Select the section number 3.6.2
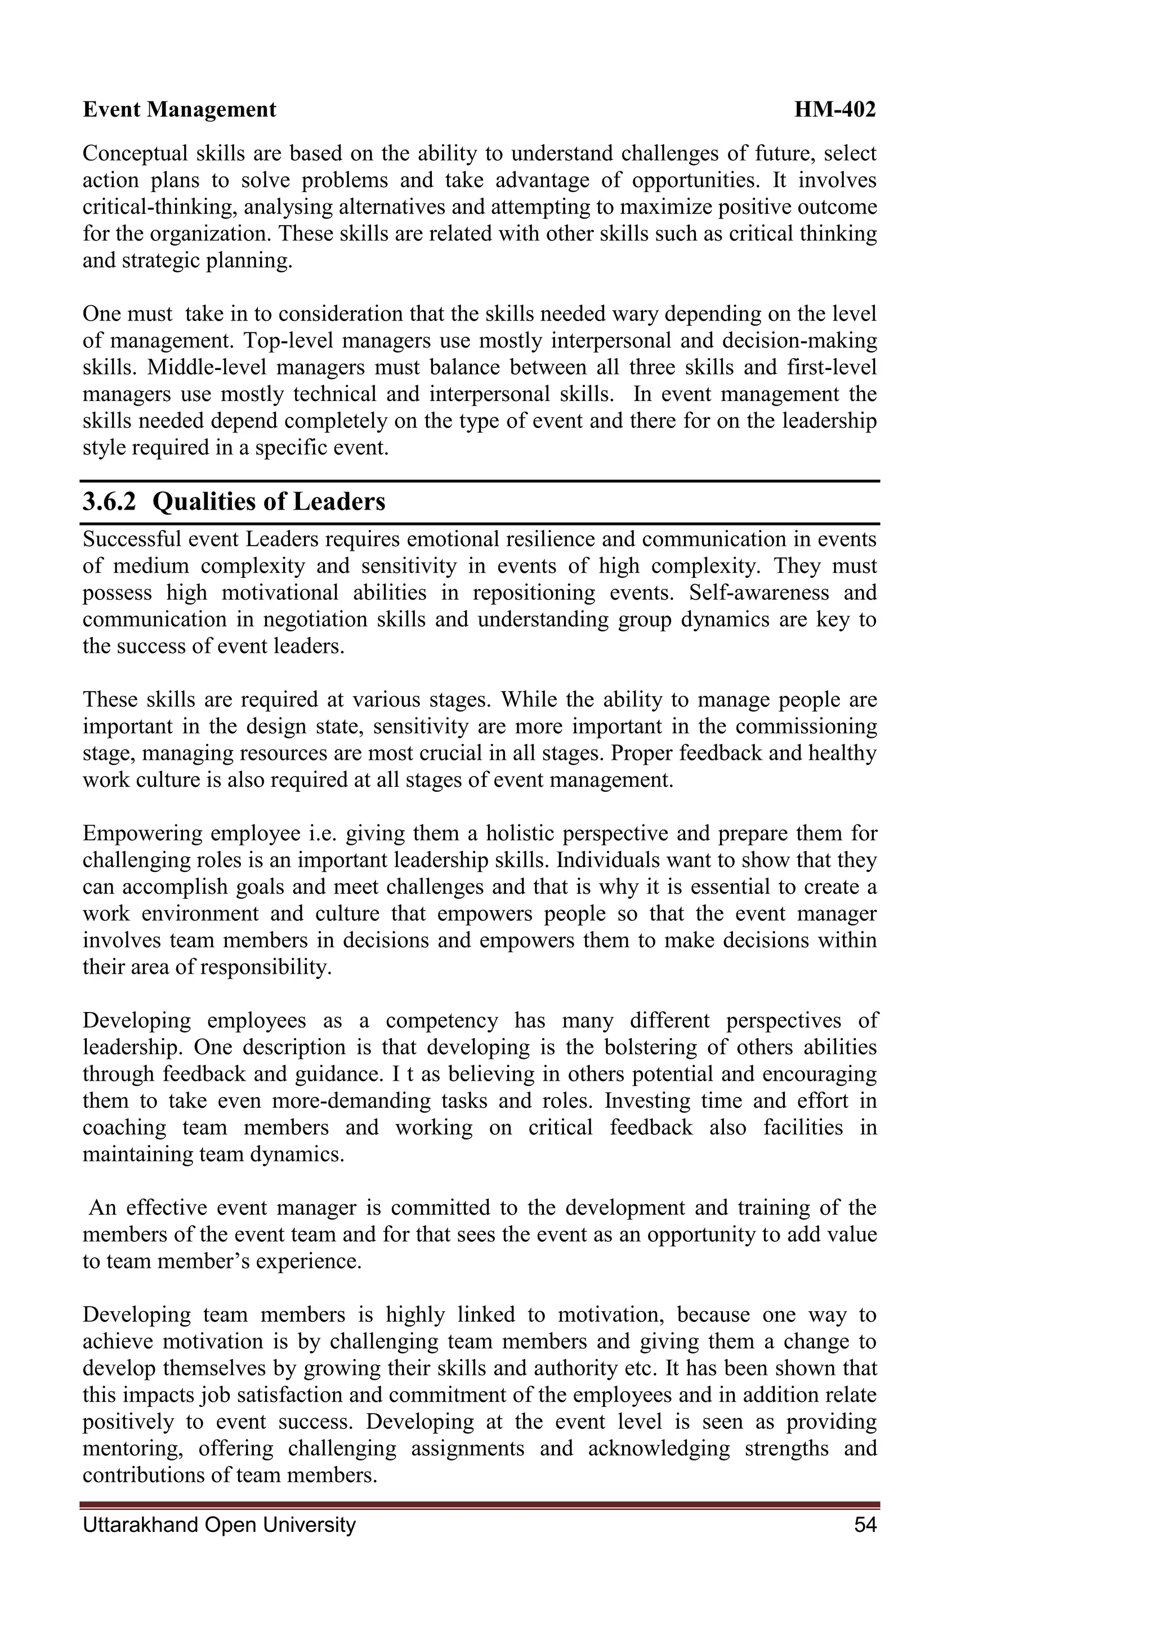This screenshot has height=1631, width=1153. tap(109, 502)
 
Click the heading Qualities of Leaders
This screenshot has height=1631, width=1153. tap(269, 502)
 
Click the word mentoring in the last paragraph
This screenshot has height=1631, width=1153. tap(132, 1448)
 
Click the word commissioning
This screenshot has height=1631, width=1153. tap(806, 727)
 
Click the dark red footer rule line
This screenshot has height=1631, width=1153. tap(480, 1504)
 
